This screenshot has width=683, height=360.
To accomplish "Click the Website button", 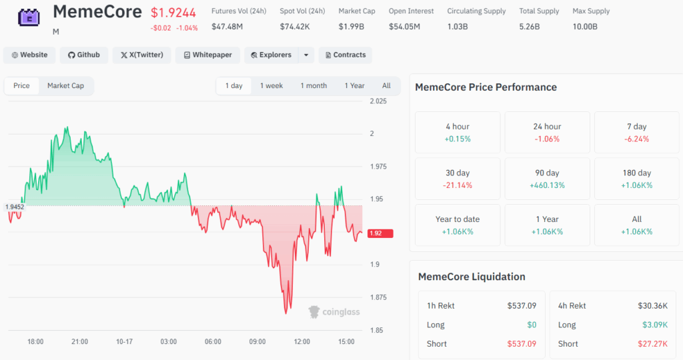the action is (29, 55).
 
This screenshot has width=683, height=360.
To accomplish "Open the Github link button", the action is (84, 55).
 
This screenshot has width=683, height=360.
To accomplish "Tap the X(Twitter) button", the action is (142, 55).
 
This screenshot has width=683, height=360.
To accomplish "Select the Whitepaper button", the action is (208, 55).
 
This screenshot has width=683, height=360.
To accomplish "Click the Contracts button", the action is (346, 55).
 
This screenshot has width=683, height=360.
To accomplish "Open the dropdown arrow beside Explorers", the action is (306, 55).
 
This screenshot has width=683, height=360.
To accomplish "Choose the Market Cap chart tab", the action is (66, 86).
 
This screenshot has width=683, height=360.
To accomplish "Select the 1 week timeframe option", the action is (271, 86).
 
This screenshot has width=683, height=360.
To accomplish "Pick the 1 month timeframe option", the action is (313, 86).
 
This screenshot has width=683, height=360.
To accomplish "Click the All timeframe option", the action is (386, 86).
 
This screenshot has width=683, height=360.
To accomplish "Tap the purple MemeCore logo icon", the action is (29, 17).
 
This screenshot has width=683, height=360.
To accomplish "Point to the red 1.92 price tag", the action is (380, 233).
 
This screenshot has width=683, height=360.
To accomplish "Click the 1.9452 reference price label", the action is (15, 207).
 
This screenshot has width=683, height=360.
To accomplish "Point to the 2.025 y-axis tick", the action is (378, 101).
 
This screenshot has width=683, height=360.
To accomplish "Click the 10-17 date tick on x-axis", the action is (124, 342).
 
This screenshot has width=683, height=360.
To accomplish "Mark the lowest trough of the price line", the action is (285, 313).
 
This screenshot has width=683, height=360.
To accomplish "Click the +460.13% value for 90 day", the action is (547, 185).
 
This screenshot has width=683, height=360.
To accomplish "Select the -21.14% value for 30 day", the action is (458, 185).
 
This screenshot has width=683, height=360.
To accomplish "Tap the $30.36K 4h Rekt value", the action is (652, 305).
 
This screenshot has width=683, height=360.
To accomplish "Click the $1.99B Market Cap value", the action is (351, 27).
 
